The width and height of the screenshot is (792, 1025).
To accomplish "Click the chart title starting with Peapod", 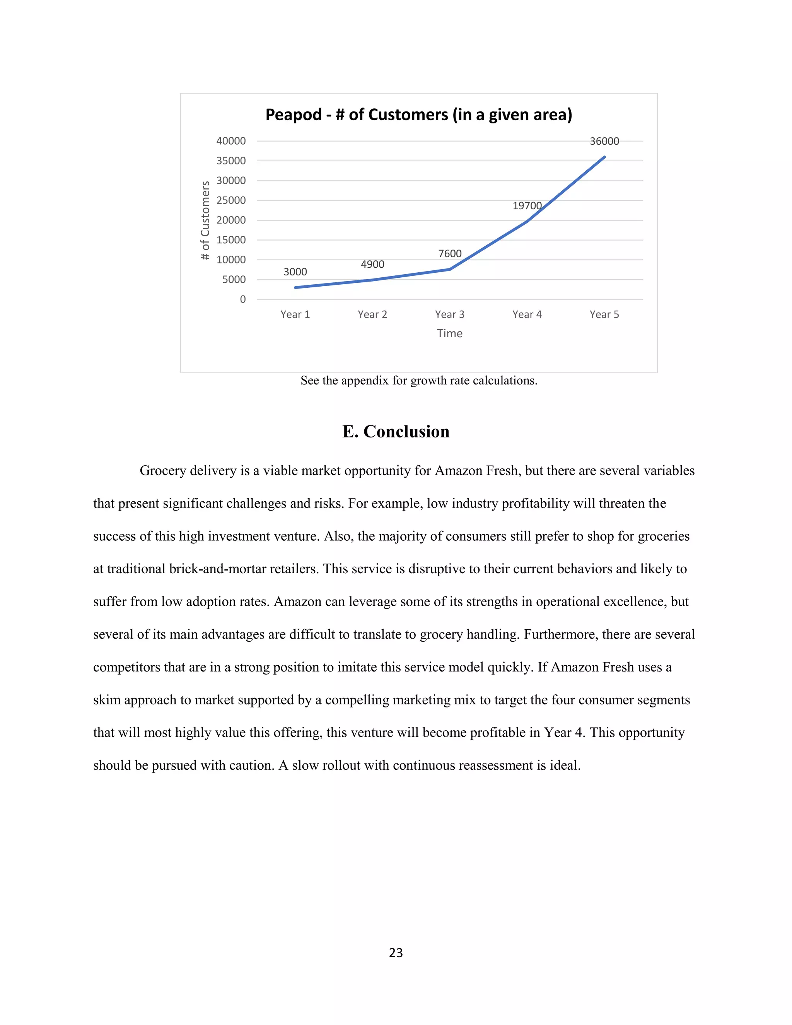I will pyautogui.click(x=418, y=115).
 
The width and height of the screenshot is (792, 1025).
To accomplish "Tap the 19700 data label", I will pyautogui.click(x=527, y=205).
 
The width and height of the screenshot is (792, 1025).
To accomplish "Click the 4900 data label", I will pyautogui.click(x=372, y=265).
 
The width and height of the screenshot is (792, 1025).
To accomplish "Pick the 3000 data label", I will pyautogui.click(x=295, y=272).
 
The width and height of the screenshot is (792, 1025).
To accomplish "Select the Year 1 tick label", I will pyautogui.click(x=295, y=314).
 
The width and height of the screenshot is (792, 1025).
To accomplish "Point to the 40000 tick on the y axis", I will pyautogui.click(x=231, y=141).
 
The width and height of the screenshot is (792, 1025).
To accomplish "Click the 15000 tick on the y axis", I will pyautogui.click(x=231, y=240).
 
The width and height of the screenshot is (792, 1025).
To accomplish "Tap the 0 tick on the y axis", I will pyautogui.click(x=242, y=299).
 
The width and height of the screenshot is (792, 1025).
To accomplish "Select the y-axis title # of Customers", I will pyautogui.click(x=205, y=220).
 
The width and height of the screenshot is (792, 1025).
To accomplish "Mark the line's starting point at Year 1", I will pyautogui.click(x=295, y=287).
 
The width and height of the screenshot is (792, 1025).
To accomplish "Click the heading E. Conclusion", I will pyautogui.click(x=396, y=432).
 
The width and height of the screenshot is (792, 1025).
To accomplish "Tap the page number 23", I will pyautogui.click(x=396, y=953).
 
